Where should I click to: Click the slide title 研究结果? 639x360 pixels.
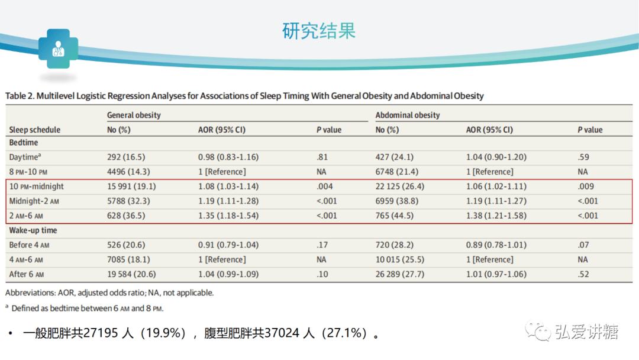point(319,31)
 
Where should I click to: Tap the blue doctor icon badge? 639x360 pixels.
point(58,50)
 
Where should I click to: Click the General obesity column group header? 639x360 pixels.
point(134,115)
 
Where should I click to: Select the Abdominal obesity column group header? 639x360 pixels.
point(408,115)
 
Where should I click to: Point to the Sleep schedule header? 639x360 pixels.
point(35,130)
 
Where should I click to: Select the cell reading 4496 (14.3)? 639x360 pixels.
point(127,172)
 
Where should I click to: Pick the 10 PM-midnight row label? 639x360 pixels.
point(37,187)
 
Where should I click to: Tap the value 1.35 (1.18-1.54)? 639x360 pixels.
point(228,216)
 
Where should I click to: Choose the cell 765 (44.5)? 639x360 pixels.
point(395,216)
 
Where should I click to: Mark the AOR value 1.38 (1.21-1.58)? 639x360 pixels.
point(496,216)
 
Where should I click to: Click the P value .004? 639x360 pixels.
point(325,187)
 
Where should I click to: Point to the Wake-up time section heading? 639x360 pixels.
point(33,230)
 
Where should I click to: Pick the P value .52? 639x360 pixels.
point(583,274)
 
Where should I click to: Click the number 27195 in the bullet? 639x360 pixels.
point(97,334)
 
